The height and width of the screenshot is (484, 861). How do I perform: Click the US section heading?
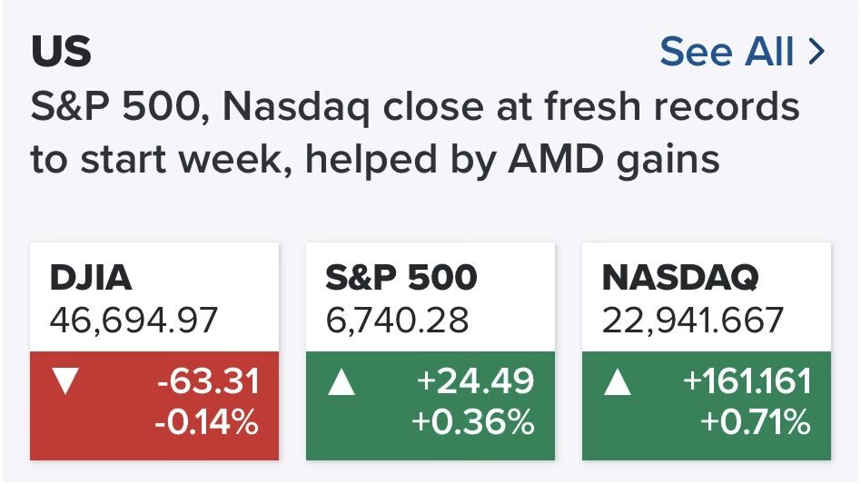coord(61,53)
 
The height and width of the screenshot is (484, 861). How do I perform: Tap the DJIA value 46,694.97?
coord(134,320)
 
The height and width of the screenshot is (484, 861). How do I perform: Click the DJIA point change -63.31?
coord(207,381)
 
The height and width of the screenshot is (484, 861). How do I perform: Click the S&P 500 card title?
coord(401,278)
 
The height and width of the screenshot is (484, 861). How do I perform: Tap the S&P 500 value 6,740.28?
coord(397,320)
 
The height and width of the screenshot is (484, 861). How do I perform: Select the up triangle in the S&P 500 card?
coord(341,381)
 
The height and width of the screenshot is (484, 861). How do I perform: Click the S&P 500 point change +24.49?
coord(475,381)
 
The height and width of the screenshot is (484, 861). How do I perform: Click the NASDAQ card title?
coord(679,278)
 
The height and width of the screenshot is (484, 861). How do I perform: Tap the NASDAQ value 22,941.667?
coord(693,320)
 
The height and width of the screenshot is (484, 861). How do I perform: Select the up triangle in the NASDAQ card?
coord(617,381)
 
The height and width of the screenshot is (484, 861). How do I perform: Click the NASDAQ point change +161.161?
coord(746,381)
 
